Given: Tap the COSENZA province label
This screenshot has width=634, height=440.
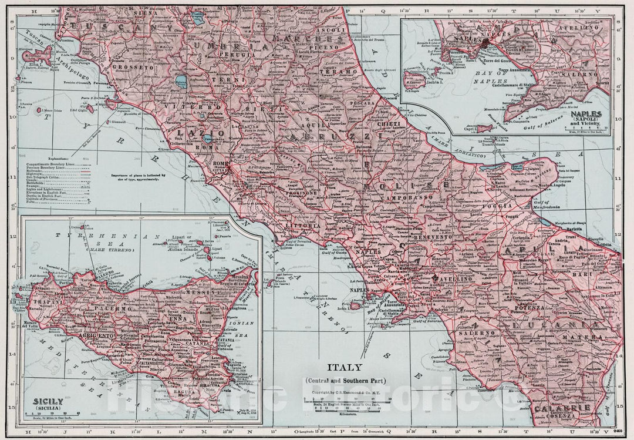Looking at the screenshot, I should coord(554,418).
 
